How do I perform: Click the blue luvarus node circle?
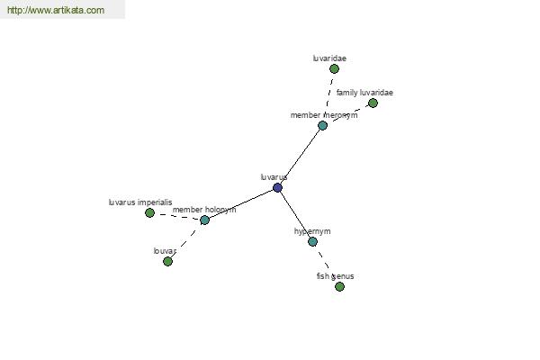click(x=277, y=188)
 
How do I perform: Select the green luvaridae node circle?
click(x=334, y=69)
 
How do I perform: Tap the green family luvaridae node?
click(x=373, y=103)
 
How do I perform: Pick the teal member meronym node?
click(x=323, y=125)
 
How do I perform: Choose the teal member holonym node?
click(x=204, y=220)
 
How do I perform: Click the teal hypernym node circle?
click(x=312, y=241)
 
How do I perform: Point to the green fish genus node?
click(x=339, y=286)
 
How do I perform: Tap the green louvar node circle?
click(x=167, y=262)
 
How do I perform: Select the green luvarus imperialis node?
click(x=149, y=213)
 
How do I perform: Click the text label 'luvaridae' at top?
click(x=329, y=58)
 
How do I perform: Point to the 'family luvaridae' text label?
click(x=364, y=93)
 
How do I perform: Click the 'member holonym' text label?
click(x=204, y=210)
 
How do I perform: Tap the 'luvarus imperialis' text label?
click(x=140, y=202)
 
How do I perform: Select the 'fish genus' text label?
click(x=335, y=276)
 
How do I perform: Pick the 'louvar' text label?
click(x=165, y=251)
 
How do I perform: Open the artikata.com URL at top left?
click(x=56, y=10)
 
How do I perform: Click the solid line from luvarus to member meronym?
click(x=300, y=157)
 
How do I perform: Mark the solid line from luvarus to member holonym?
click(x=241, y=204)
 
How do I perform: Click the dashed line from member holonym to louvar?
click(x=185, y=241)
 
